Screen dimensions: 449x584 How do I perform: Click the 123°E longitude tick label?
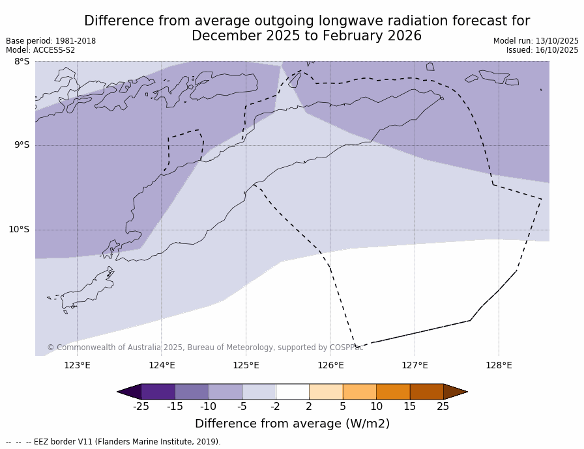pyautogui.click(x=77, y=365)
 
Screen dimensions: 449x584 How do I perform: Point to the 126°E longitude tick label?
pyautogui.click(x=330, y=365)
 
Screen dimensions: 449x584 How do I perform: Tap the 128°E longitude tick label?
pyautogui.click(x=499, y=365)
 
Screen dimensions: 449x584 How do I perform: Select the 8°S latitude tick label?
pyautogui.click(x=22, y=62)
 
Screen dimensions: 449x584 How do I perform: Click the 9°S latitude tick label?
pyautogui.click(x=22, y=145)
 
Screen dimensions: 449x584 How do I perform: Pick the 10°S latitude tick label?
pyautogui.click(x=19, y=229)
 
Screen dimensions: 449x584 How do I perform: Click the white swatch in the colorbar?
pyautogui.click(x=292, y=392)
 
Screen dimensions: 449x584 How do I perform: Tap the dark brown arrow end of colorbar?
pyautogui.click(x=454, y=392)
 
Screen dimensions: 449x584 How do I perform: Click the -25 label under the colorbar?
pyautogui.click(x=141, y=407)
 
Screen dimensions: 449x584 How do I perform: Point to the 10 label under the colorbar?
pyautogui.click(x=376, y=407)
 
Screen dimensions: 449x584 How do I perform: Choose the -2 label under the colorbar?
pyautogui.click(x=275, y=407)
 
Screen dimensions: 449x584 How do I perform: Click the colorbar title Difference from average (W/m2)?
pyautogui.click(x=292, y=424)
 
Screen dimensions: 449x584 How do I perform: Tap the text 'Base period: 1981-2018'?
pyautogui.click(x=51, y=41)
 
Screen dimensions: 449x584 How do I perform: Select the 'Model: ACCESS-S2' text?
pyautogui.click(x=40, y=50)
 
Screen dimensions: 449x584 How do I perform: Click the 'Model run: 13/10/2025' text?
pyautogui.click(x=536, y=41)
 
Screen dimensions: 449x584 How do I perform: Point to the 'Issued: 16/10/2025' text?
pyautogui.click(x=542, y=50)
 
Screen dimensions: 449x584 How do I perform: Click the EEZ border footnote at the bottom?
pyautogui.click(x=113, y=442)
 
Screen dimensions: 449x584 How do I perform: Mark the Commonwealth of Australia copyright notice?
pyautogui.click(x=205, y=347)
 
